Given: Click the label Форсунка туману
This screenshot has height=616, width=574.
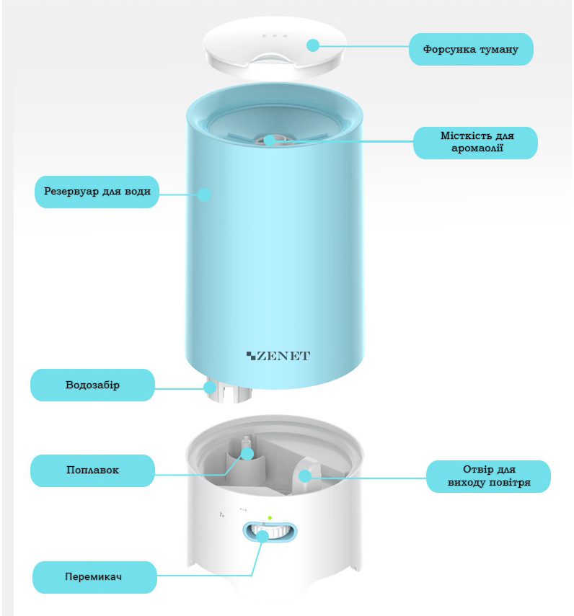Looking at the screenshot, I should [x=471, y=50].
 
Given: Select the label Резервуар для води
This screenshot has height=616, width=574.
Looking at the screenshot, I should [x=97, y=192].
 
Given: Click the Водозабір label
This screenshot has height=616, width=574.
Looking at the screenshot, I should [x=92, y=385].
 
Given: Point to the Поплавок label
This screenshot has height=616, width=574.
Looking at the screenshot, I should [x=92, y=470].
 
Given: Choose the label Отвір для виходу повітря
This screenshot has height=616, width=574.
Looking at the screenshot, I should [x=488, y=476].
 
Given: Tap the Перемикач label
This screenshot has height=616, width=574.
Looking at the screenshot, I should [x=94, y=576].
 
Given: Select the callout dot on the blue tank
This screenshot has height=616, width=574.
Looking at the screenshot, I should [x=205, y=193].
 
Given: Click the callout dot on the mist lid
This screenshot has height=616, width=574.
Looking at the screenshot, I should [x=312, y=45].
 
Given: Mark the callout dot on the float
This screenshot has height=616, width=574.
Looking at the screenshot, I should [x=247, y=453].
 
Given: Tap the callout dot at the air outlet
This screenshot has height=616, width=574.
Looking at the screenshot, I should [x=305, y=476].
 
